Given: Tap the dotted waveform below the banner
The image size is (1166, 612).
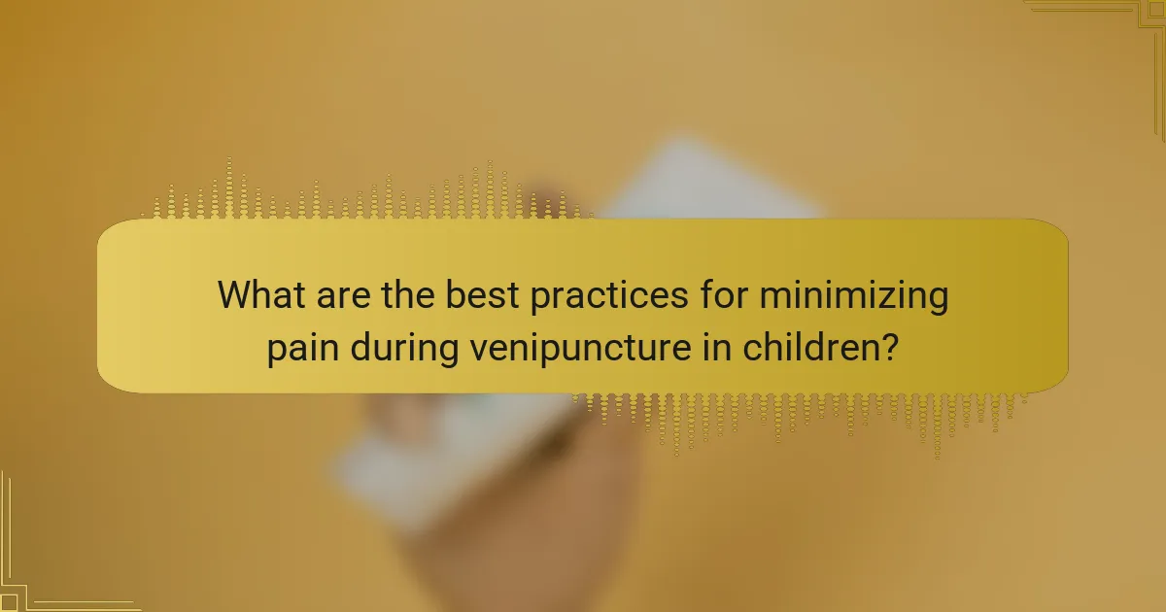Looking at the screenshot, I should (806, 413).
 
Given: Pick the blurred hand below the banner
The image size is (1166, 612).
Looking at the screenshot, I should (505, 505).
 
